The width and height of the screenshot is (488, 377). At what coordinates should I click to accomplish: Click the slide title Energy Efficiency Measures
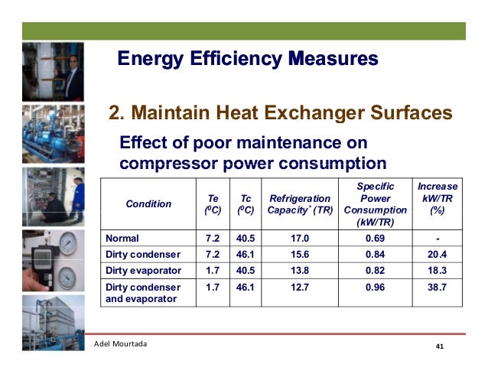248,59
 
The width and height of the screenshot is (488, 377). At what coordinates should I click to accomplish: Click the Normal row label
122,238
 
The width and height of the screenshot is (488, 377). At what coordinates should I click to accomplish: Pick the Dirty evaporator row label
144,271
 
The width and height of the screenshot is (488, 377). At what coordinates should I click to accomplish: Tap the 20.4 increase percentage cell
438,255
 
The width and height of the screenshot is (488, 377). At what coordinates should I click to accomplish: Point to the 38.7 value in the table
438,288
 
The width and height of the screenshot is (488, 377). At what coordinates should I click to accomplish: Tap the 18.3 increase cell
438,271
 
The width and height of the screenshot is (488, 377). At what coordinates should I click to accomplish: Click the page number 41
439,348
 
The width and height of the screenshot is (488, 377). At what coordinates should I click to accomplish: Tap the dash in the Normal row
438,238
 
